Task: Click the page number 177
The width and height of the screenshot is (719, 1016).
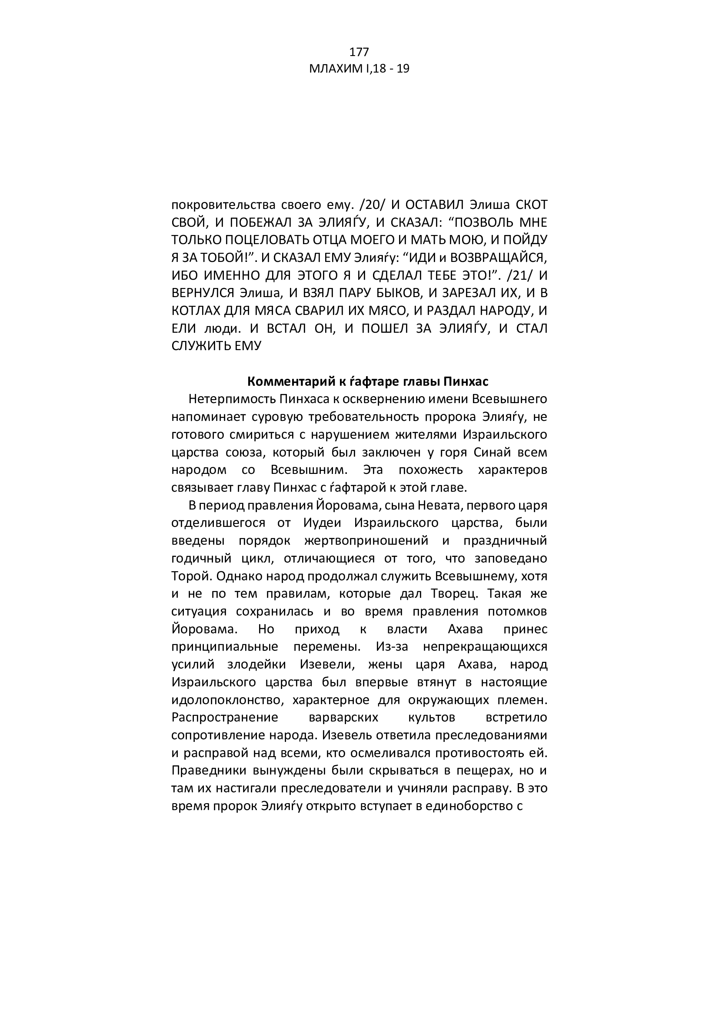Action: click(359, 52)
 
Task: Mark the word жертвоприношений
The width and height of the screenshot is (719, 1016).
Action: click(366, 541)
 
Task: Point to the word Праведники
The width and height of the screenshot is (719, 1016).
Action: click(207, 771)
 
